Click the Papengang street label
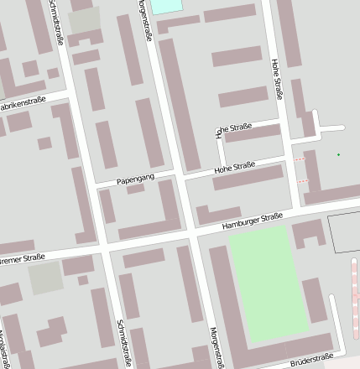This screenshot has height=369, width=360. (x=136, y=179)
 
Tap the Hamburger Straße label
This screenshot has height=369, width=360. (x=252, y=221)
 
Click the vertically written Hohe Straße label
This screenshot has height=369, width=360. (x=278, y=80)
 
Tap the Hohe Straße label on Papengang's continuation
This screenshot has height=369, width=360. (x=234, y=168)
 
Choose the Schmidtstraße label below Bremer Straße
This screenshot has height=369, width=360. (x=124, y=342)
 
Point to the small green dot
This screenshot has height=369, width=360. (x=338, y=154)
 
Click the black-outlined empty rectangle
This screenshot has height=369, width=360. (x=343, y=233)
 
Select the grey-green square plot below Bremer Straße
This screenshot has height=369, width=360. (x=46, y=278)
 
